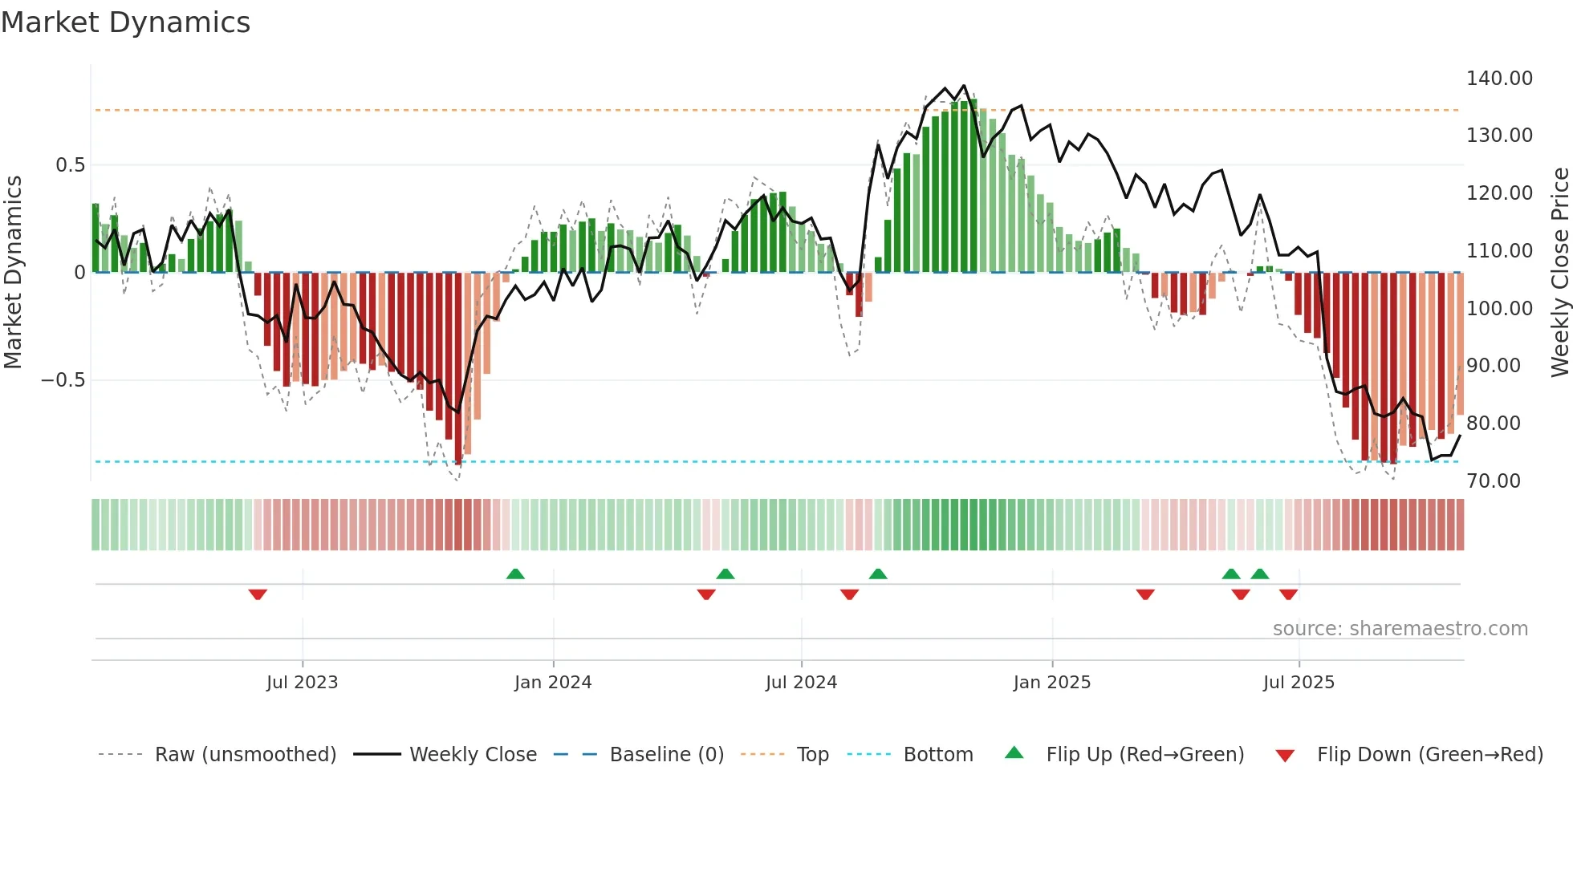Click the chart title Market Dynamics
tap(125, 22)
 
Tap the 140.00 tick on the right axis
tap(1498, 79)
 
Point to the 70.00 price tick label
tap(1493, 481)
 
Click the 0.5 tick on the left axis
tap(70, 165)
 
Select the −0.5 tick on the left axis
tap(63, 380)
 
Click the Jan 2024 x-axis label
tap(552, 683)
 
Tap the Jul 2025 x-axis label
tap(1298, 683)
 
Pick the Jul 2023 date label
tap(302, 683)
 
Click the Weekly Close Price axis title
tap(1559, 272)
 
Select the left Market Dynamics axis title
tap(13, 272)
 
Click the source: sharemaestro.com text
tap(1400, 629)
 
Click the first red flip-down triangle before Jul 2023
tap(258, 594)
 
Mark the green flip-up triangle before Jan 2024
tap(515, 574)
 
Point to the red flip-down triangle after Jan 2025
tap(1145, 594)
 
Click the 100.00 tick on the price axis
tap(1498, 309)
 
